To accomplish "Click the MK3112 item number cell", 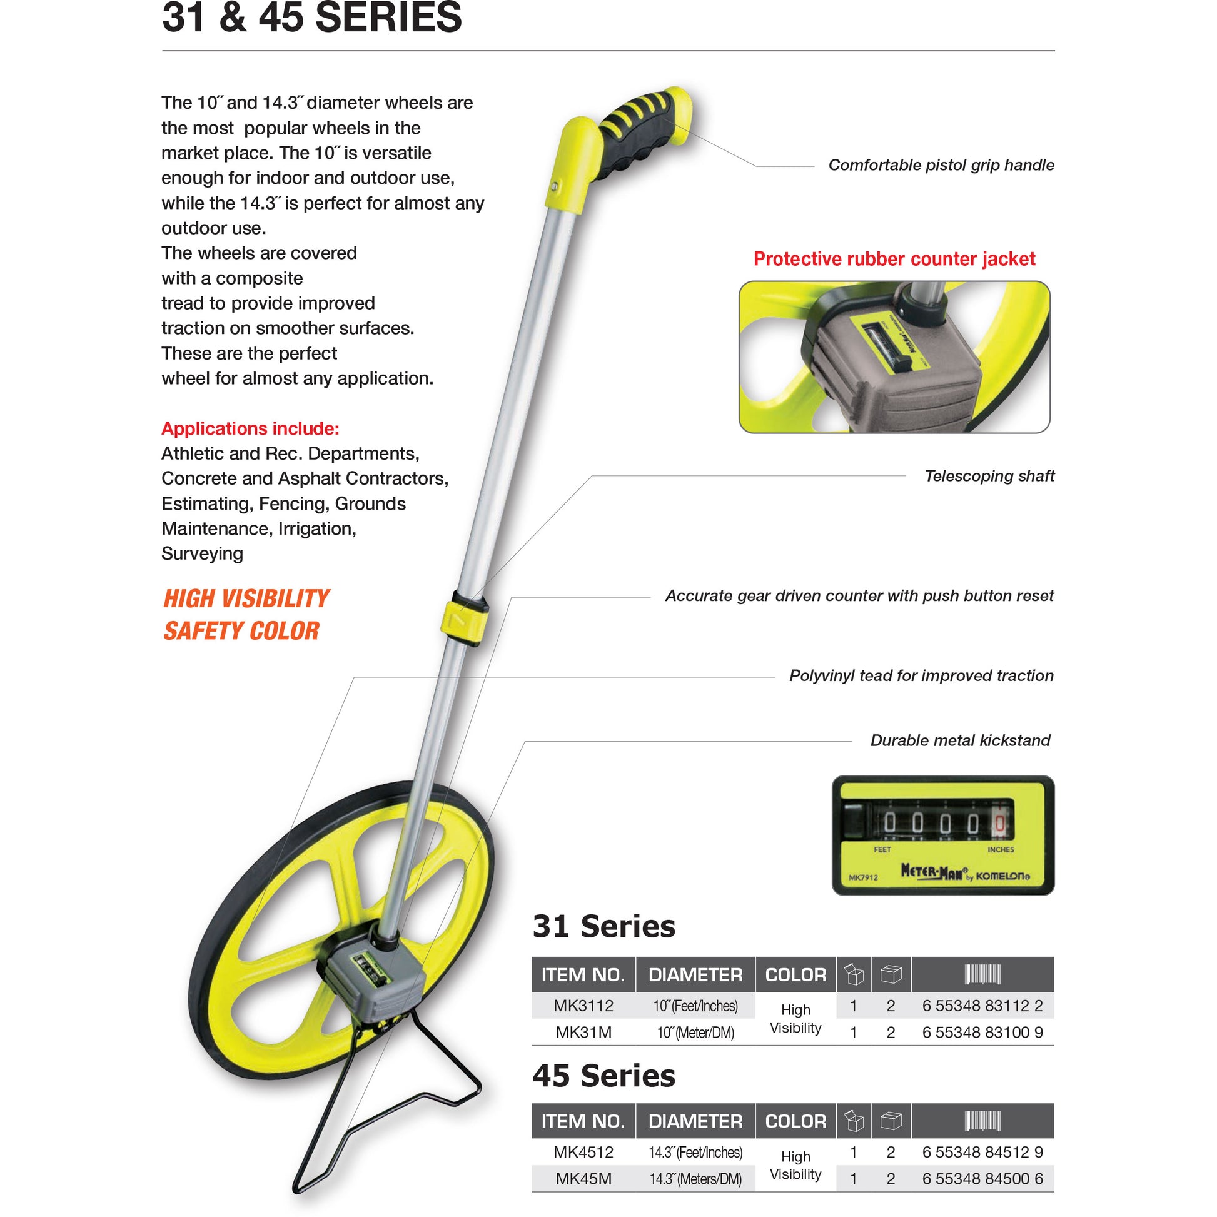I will tap(583, 1006).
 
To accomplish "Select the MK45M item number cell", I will tap(583, 1179).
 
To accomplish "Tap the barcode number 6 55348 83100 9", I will tap(982, 1033).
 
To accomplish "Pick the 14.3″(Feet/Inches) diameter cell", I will tap(695, 1152).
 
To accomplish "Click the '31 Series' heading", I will tap(603, 926).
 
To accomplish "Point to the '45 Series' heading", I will tap(603, 1075).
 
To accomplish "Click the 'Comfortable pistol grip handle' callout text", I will tap(941, 165).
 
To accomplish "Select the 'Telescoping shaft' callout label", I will tap(989, 475).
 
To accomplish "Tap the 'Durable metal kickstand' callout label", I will tap(960, 740).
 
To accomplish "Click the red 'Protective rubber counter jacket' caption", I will tap(894, 259).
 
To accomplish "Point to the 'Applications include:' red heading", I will tap(250, 428).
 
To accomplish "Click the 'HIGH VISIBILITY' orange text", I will tap(246, 598).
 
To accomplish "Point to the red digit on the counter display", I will tap(999, 823).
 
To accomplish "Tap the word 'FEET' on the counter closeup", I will tap(882, 850).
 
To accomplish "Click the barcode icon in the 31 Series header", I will tap(982, 974).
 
